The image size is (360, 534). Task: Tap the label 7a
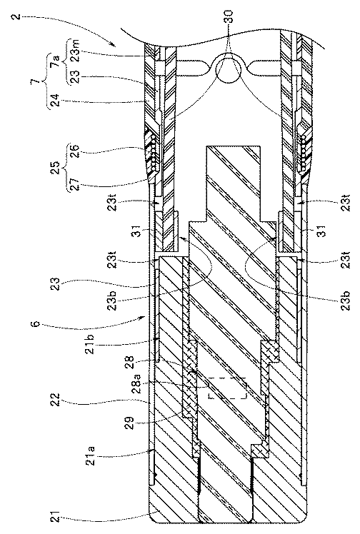[56, 62]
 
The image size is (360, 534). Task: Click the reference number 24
[56, 101]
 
